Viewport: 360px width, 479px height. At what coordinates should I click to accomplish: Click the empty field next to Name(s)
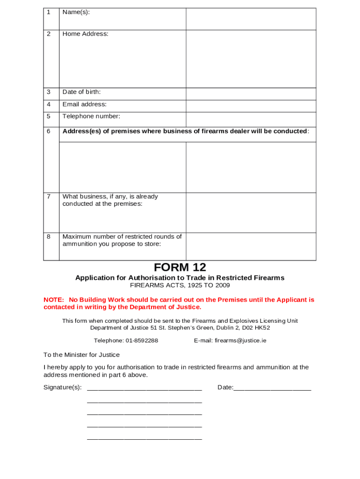coord(251,19)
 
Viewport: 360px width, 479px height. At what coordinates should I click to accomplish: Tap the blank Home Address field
coord(251,58)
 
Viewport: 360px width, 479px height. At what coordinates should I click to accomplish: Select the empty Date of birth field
coord(251,94)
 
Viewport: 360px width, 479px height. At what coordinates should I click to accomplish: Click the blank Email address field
coord(251,106)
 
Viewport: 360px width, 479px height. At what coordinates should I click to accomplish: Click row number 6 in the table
coord(48,131)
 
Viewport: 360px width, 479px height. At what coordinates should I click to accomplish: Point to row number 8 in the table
coord(48,237)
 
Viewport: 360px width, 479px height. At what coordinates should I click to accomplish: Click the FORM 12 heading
coord(180,268)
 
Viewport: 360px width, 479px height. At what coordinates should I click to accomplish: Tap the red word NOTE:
coord(53,299)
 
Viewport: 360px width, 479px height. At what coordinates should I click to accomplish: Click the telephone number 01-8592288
coord(142,341)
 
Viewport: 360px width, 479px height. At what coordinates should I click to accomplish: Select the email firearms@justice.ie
coord(240,341)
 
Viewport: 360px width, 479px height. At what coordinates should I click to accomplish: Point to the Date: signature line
coord(272,388)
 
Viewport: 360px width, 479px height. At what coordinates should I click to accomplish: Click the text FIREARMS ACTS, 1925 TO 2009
coord(180,285)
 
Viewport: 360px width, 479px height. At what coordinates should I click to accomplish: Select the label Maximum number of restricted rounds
coord(122,237)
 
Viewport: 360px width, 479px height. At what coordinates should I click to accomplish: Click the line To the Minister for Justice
coord(81,355)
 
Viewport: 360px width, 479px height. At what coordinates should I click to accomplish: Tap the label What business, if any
coord(110,197)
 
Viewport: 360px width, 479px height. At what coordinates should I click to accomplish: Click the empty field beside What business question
coord(251,213)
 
